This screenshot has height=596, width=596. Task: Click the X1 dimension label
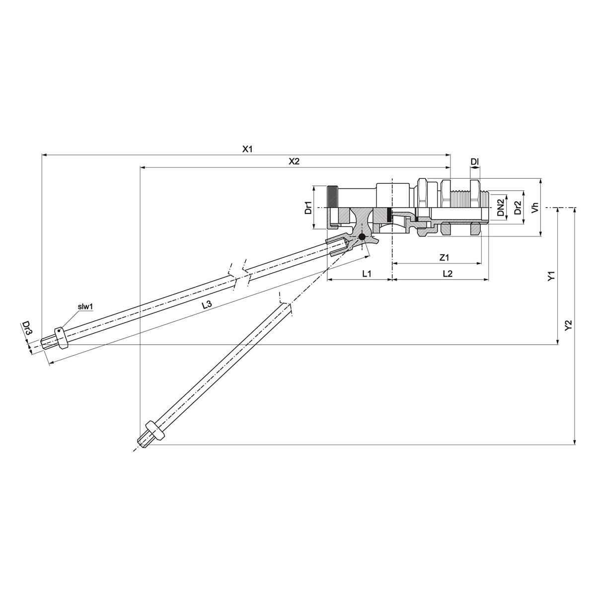pos(247,149)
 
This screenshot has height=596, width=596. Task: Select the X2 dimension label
pos(294,161)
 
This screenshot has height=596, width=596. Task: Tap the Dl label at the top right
pos(474,161)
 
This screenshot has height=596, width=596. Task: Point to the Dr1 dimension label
pos(308,208)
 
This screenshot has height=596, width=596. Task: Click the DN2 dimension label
pos(501,207)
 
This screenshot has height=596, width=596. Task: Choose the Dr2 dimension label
pos(518,207)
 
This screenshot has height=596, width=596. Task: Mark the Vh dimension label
pos(535,207)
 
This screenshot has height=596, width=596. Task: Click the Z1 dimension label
pos(445,258)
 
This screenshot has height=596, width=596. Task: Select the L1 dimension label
pos(367,273)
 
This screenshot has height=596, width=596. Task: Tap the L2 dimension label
pos(447,273)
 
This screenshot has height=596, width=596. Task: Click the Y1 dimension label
pos(551,277)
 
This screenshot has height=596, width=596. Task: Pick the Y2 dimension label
pos(569,325)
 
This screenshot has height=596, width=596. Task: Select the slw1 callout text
pos(85,307)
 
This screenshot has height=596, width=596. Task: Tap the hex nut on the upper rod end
pos(60,338)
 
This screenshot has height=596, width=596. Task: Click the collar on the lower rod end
pos(154,431)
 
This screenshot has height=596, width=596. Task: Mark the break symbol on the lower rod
pos(287,304)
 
